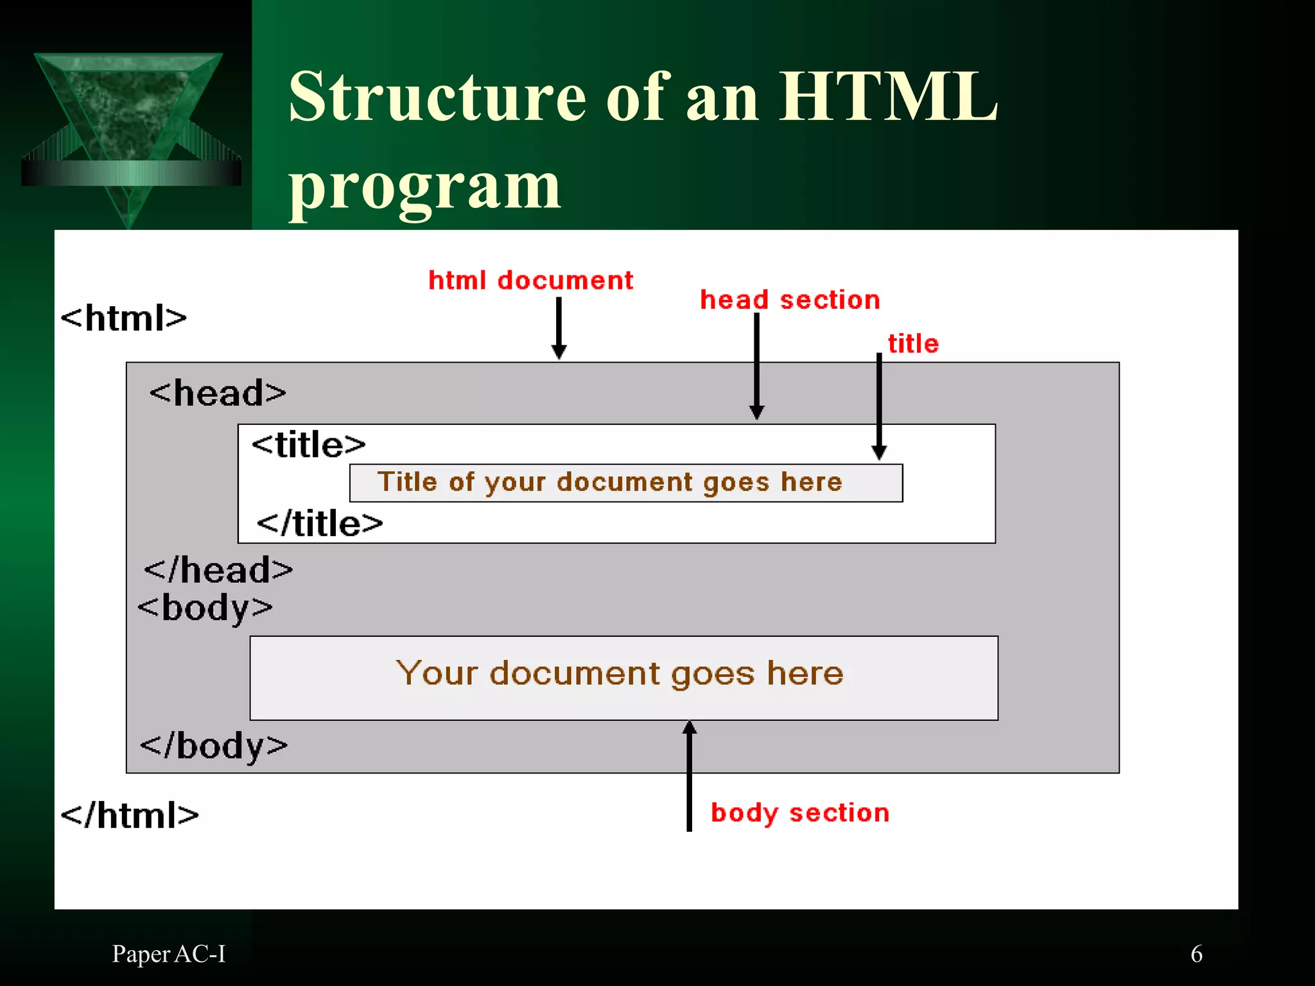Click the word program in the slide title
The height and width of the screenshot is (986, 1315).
tap(424, 187)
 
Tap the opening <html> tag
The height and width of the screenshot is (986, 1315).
tap(123, 318)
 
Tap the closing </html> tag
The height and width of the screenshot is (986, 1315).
tap(129, 815)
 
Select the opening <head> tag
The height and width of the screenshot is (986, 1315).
tap(218, 393)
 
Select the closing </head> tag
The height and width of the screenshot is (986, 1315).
tap(218, 570)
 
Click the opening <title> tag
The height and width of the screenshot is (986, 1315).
tap(308, 444)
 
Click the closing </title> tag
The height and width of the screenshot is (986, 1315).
tap(320, 523)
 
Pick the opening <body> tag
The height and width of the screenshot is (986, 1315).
tap(205, 608)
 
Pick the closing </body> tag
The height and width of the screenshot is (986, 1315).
tap(214, 746)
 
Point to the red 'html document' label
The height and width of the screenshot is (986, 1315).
tap(530, 281)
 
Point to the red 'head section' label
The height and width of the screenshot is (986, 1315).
tap(790, 300)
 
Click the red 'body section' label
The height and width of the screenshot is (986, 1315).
tap(800, 813)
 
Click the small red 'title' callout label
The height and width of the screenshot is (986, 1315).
tap(913, 343)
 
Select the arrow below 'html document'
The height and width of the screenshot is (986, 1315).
tap(559, 328)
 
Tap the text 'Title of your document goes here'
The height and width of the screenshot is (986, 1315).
tap(609, 482)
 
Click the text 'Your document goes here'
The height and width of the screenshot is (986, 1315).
tap(620, 673)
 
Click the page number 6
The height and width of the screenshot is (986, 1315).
tap(1196, 954)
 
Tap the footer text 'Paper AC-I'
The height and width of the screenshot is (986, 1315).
tap(169, 954)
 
